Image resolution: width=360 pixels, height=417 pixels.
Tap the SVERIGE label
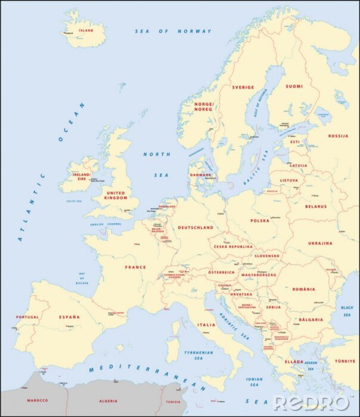coord(243,87)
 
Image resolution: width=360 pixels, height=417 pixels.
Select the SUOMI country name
coord(294,86)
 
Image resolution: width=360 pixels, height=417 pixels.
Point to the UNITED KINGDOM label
coord(116,196)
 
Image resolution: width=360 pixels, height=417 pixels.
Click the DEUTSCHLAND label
coord(196,228)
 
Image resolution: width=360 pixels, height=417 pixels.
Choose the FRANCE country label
coord(135,267)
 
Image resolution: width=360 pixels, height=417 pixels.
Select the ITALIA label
coord(206,325)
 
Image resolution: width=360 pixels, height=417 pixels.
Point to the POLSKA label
coord(260,220)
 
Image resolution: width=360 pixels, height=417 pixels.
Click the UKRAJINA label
coord(320,243)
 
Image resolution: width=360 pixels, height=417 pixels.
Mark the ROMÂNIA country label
coord(303,289)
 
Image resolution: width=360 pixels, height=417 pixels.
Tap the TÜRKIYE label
coord(344,361)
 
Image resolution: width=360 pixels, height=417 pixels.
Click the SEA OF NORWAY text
coord(173,31)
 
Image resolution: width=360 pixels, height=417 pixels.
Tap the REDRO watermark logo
coord(311,402)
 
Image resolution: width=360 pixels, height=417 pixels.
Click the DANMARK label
coord(200,175)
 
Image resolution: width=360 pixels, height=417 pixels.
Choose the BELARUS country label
coord(316,206)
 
